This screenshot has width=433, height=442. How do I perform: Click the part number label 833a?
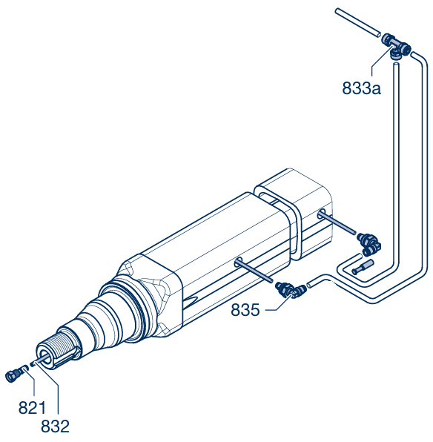[361, 88]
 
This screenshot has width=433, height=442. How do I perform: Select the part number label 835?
[245, 310]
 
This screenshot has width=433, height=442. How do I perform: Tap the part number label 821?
[32, 408]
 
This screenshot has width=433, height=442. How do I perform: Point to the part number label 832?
[56, 426]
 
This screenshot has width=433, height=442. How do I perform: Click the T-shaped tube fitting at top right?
[396, 46]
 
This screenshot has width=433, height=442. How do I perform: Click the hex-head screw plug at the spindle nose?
[13, 376]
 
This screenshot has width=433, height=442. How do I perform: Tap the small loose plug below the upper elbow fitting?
[363, 267]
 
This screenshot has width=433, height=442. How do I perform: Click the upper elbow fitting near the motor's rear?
[369, 243]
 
